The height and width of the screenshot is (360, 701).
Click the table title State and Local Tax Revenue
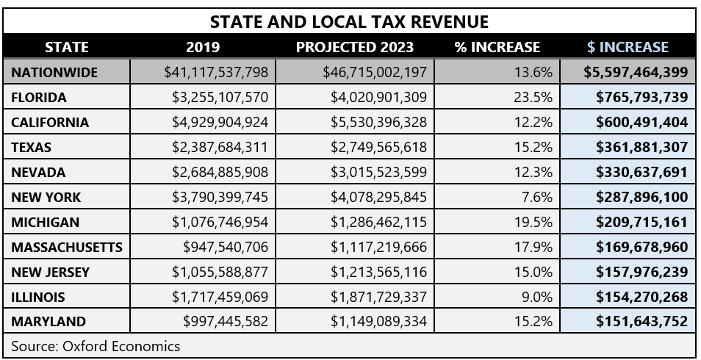(x=350, y=21)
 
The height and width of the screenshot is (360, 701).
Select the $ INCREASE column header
(x=628, y=47)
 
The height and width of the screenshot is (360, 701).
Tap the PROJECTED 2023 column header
(x=354, y=47)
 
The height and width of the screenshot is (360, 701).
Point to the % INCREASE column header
(x=497, y=47)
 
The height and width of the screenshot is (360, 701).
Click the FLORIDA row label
(x=39, y=97)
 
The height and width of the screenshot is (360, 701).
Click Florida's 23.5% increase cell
(x=535, y=97)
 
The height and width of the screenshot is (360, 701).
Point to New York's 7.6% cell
(x=539, y=197)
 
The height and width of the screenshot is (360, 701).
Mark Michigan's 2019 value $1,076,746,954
(x=220, y=222)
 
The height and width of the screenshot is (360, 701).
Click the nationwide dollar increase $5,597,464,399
(x=636, y=72)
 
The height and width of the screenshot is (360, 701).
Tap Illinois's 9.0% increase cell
(x=539, y=297)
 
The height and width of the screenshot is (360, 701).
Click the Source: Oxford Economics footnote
(x=96, y=345)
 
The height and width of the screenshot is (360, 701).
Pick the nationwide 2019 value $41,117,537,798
(x=217, y=72)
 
